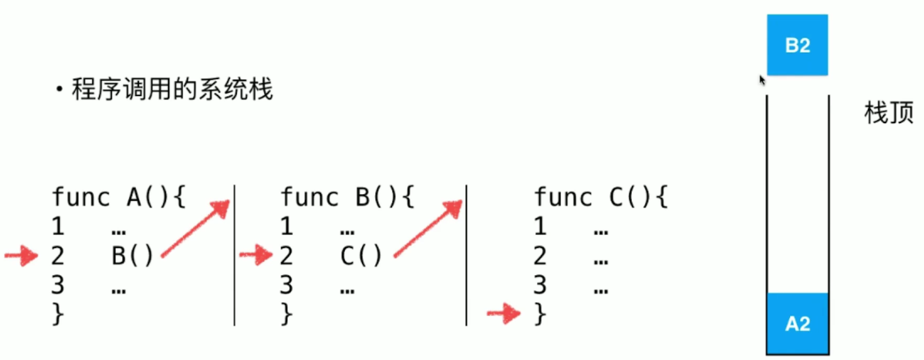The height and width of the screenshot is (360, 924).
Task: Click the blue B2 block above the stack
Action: (797, 45)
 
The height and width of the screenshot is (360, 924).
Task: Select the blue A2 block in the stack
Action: (797, 323)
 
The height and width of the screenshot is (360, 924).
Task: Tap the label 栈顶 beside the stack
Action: (889, 113)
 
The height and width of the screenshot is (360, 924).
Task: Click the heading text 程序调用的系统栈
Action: (172, 89)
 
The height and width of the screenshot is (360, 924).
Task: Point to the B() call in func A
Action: (132, 255)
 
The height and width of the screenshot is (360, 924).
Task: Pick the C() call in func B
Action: (361, 255)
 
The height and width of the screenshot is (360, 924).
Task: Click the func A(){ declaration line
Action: (119, 197)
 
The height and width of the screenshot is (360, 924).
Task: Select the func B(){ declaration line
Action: (347, 197)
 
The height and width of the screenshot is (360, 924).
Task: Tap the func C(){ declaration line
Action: (601, 197)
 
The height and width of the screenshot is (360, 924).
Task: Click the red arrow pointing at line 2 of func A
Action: (22, 255)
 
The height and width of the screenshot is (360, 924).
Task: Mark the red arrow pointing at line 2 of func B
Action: (256, 255)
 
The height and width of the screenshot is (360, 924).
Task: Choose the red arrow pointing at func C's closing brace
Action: (504, 313)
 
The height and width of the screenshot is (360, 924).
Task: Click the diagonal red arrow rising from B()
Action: (195, 229)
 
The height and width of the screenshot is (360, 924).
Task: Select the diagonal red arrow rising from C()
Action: (428, 229)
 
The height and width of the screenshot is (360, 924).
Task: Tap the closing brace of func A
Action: (58, 314)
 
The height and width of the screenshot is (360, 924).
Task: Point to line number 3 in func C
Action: (540, 285)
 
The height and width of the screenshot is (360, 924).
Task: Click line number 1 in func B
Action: (287, 226)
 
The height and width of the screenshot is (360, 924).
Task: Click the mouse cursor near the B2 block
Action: (762, 80)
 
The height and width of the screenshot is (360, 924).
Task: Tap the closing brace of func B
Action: (287, 314)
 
